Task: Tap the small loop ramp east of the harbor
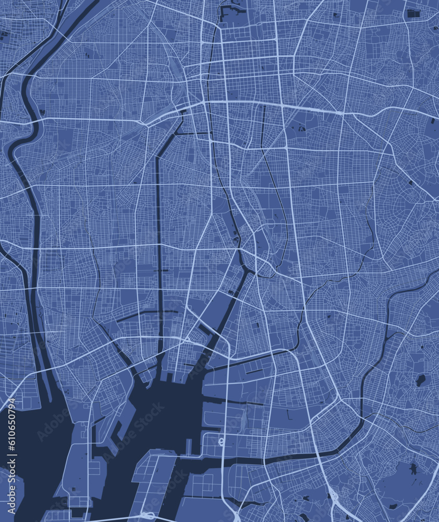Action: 221,442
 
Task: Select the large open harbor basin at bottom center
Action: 156,412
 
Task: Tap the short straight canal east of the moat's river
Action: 263,125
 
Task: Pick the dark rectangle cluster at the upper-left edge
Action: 4,35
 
